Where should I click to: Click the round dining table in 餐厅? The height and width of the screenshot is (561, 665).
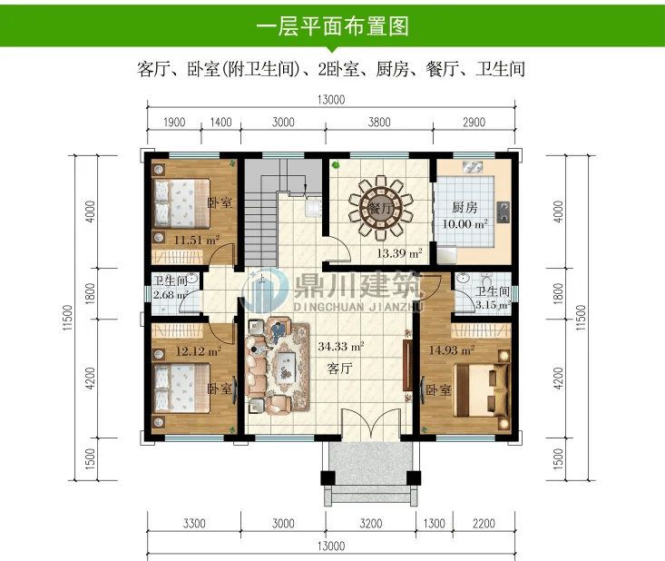click(380, 208)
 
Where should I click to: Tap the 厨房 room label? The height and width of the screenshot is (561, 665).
click(465, 208)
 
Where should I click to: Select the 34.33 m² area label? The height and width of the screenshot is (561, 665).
click(341, 347)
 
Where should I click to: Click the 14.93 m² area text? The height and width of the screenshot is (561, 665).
click(452, 350)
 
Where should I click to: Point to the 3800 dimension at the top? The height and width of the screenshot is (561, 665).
click(379, 123)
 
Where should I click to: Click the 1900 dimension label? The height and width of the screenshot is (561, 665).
click(174, 123)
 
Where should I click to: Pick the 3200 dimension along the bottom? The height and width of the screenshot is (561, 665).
click(371, 523)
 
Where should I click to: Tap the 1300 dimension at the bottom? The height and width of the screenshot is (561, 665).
click(434, 523)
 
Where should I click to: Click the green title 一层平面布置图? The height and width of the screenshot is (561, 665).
click(332, 26)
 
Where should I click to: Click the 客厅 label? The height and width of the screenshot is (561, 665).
click(339, 368)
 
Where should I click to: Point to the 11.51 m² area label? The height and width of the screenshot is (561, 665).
click(197, 241)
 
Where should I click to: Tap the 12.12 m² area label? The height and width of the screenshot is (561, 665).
click(199, 351)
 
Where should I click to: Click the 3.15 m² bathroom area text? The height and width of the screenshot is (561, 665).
click(492, 305)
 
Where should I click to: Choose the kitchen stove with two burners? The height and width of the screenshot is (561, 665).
click(504, 212)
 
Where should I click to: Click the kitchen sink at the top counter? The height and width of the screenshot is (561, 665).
click(473, 167)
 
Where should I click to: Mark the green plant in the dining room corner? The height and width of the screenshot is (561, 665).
click(336, 164)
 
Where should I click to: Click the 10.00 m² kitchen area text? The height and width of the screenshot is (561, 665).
click(465, 224)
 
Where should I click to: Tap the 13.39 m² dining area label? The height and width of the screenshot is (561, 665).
click(399, 253)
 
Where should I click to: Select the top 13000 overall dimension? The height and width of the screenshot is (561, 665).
click(331, 100)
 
